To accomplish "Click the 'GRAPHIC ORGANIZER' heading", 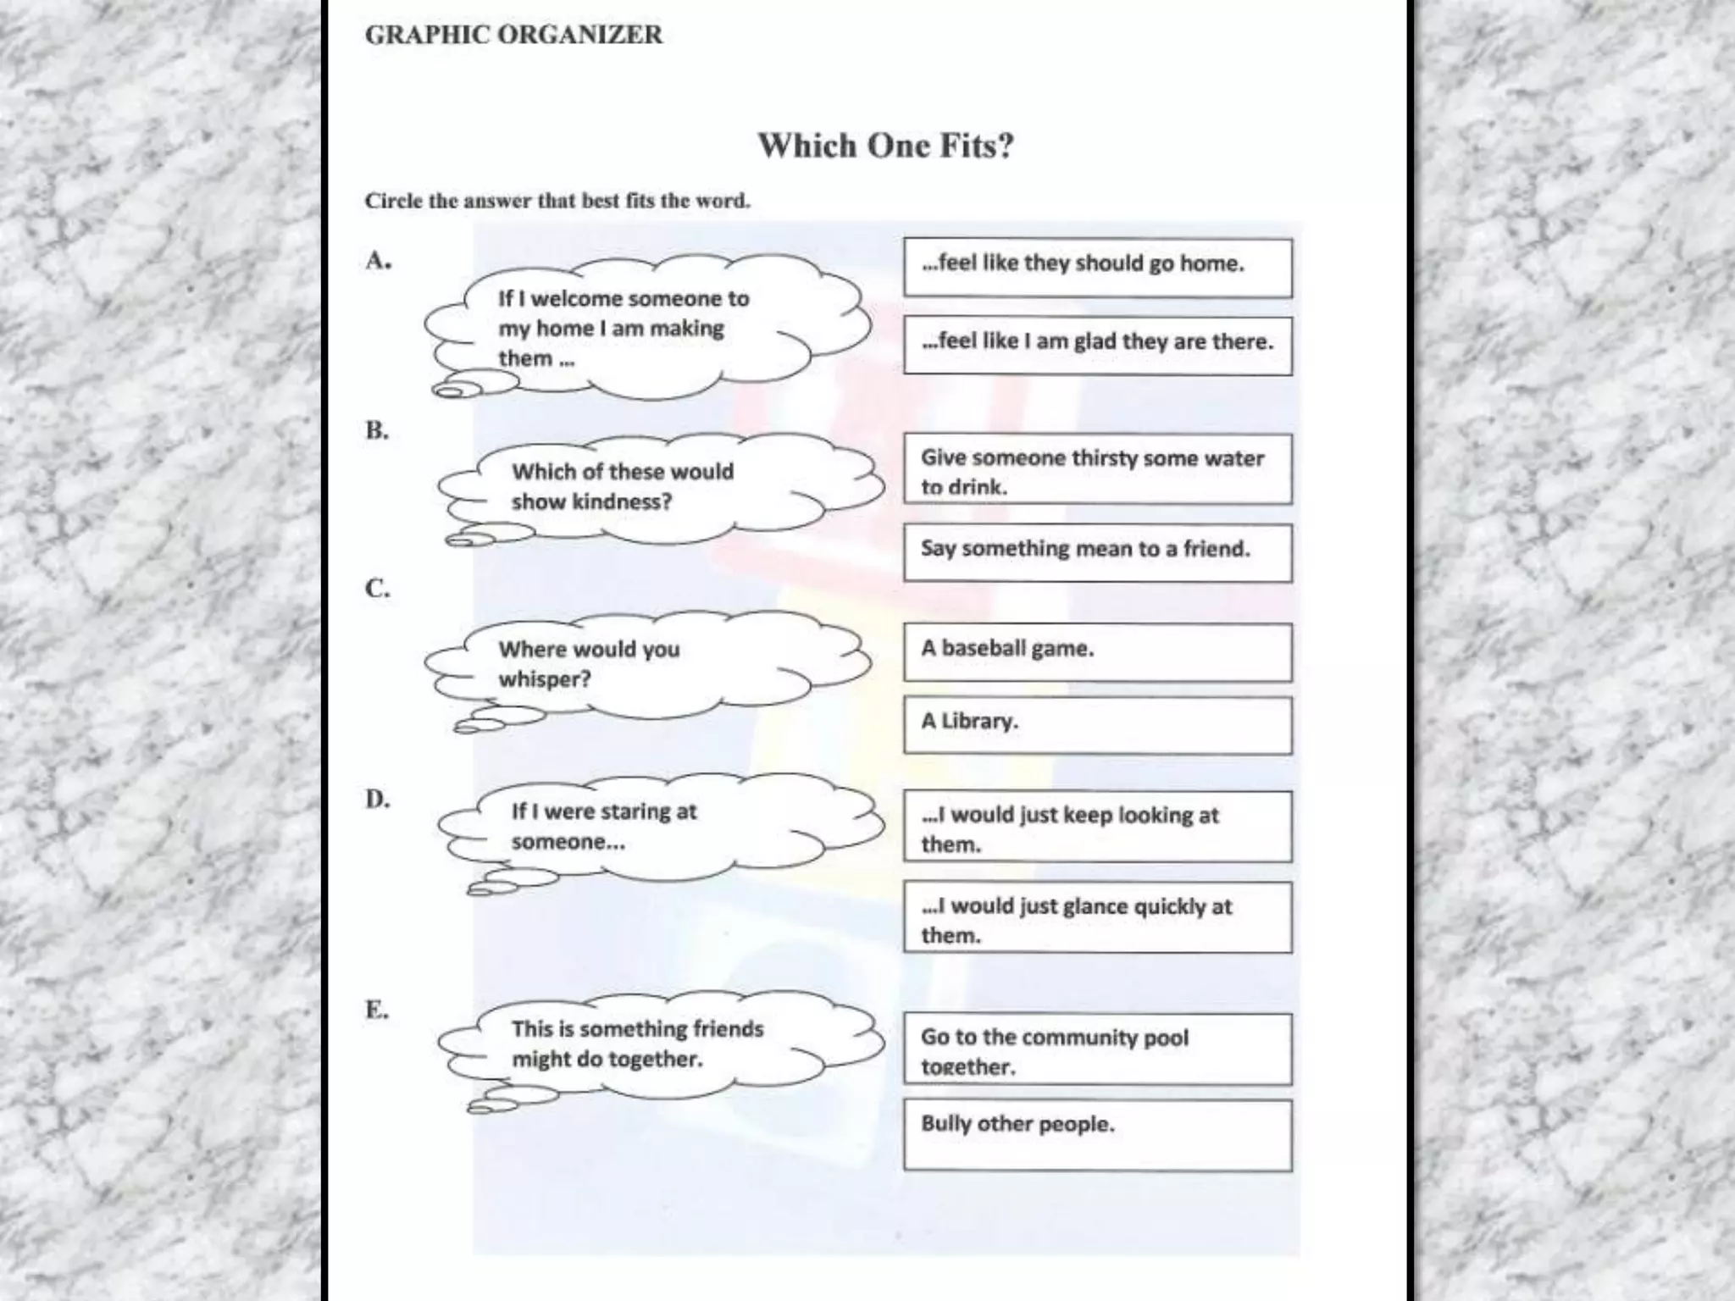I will pyautogui.click(x=513, y=35).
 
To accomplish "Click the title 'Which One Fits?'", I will pyautogui.click(x=885, y=146).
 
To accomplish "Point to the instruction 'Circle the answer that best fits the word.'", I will pyautogui.click(x=557, y=201).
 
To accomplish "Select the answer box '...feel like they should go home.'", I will pyautogui.click(x=1097, y=268).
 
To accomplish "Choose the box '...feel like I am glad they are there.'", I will pyautogui.click(x=1097, y=346).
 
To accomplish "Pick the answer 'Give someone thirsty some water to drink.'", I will pyautogui.click(x=1097, y=469).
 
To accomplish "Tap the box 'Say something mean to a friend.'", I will pyautogui.click(x=1097, y=552).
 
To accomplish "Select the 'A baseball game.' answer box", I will pyautogui.click(x=1097, y=652).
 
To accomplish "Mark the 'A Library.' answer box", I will pyautogui.click(x=1097, y=725).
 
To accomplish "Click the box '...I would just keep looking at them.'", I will pyautogui.click(x=1097, y=827).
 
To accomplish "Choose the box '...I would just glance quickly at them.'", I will pyautogui.click(x=1097, y=917).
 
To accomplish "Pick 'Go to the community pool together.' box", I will pyautogui.click(x=1097, y=1049).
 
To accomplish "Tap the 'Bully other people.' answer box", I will pyautogui.click(x=1097, y=1135).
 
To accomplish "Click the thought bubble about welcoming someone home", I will pyautogui.click(x=644, y=329).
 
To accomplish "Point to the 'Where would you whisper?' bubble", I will pyautogui.click(x=644, y=665).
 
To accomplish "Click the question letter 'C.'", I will pyautogui.click(x=378, y=588).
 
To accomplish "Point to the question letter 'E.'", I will pyautogui.click(x=377, y=1010).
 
